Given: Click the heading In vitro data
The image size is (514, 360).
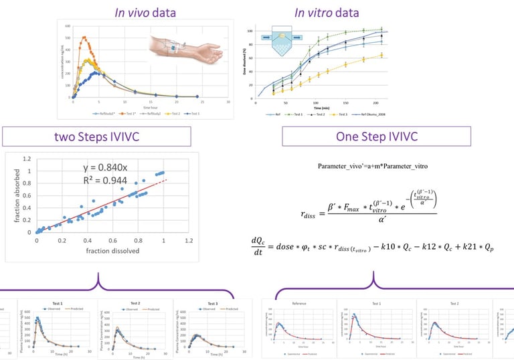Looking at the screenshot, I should tap(327, 13).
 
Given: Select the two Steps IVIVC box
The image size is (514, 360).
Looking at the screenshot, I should tap(98, 137).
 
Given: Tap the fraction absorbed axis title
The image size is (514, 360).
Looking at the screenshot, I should tap(11, 195).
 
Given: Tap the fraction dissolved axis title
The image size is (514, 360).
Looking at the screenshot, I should tap(100, 251).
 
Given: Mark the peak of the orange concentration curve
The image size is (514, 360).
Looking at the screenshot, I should tap(84, 37).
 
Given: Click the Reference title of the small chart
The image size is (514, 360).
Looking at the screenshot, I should tap(299, 302).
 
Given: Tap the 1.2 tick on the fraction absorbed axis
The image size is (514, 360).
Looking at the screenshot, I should tap(27, 159).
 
